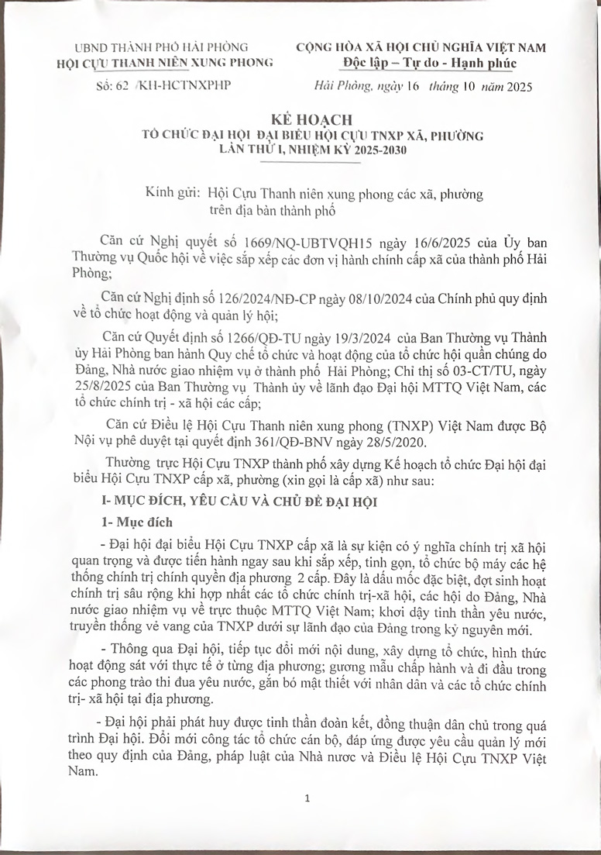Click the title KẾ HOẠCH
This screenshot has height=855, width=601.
[x=300, y=121]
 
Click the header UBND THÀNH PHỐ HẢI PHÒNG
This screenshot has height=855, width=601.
[x=161, y=47]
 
